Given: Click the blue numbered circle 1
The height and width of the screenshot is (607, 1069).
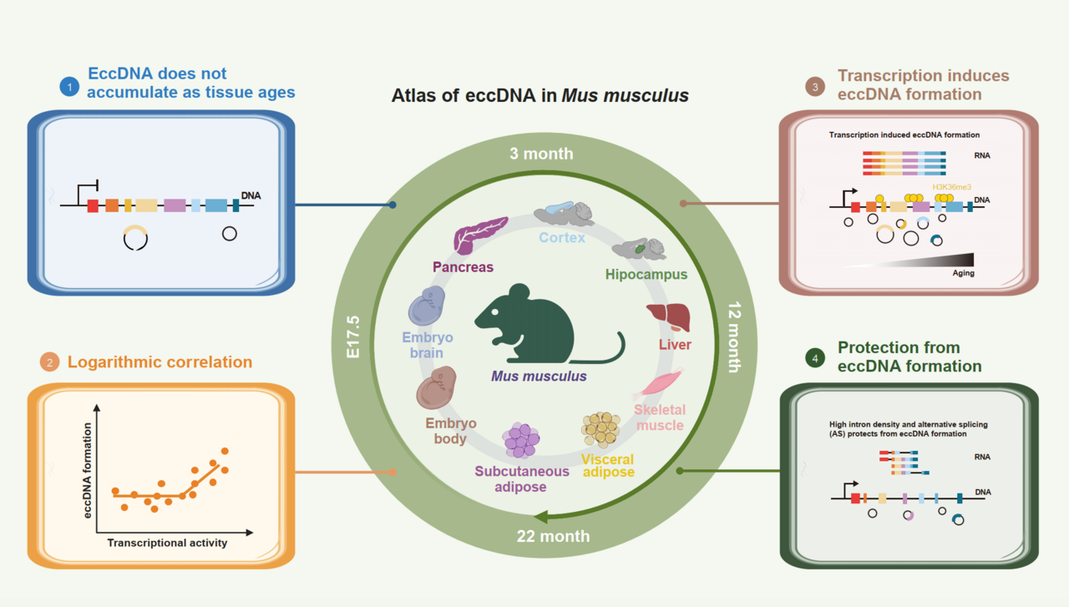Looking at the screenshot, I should [x=69, y=84].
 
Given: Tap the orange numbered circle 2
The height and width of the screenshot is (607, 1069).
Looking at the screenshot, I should [x=49, y=362].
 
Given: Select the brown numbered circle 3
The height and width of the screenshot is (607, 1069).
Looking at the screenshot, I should [x=813, y=84].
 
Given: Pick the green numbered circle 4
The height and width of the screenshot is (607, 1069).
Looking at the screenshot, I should [x=813, y=357].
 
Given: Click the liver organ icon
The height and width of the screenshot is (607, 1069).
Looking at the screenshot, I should [x=667, y=318].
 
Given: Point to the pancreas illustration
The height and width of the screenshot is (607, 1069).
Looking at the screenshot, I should [x=479, y=235].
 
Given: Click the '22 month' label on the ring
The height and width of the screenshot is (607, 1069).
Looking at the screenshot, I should [x=553, y=536].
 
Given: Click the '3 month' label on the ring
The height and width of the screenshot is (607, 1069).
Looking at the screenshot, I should [x=542, y=154].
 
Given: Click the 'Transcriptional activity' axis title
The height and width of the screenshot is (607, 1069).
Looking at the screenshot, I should [x=167, y=543].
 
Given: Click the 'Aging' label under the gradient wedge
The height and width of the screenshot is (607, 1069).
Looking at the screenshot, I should [x=963, y=273].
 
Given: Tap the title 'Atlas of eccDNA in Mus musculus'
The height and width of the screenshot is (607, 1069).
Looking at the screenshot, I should [x=540, y=95].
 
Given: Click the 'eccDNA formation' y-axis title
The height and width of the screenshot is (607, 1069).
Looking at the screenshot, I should [x=89, y=470].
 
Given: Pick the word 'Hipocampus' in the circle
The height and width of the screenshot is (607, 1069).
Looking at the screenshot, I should [x=646, y=274].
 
